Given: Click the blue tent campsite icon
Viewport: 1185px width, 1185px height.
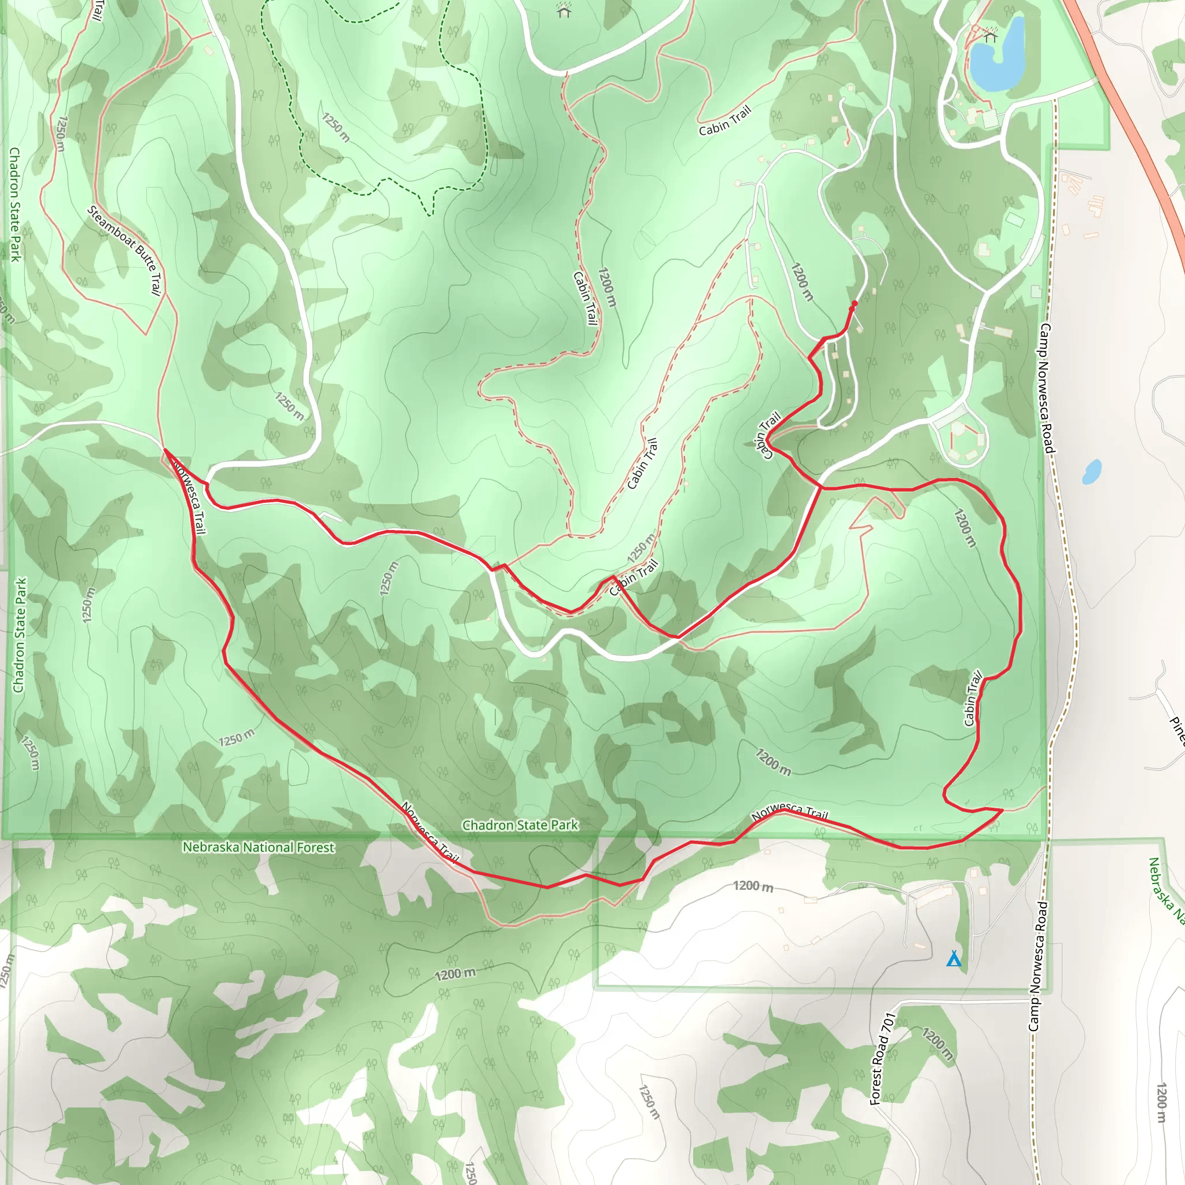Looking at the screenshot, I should click(x=953, y=959).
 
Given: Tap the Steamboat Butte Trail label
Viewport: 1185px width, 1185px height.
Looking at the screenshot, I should click(x=125, y=250).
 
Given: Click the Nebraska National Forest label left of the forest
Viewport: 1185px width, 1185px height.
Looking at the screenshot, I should click(x=258, y=847).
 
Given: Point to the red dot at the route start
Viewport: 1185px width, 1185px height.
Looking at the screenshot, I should click(x=855, y=303).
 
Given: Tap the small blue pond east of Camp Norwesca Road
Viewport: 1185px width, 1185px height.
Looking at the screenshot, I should click(x=1091, y=472).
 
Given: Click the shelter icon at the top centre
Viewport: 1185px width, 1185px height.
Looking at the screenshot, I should click(x=564, y=10).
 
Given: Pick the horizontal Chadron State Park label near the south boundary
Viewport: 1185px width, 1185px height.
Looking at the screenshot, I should click(x=520, y=825).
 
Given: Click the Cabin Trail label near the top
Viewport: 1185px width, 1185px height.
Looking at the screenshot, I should click(x=724, y=121).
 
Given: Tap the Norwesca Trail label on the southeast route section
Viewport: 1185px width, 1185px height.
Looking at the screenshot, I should click(x=789, y=813).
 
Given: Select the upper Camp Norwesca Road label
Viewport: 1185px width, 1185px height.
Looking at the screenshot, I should click(x=1045, y=389).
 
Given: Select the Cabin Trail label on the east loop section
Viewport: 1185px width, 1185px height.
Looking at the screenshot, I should click(x=972, y=698).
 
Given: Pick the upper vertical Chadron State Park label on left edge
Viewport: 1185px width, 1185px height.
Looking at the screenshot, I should click(x=14, y=204).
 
